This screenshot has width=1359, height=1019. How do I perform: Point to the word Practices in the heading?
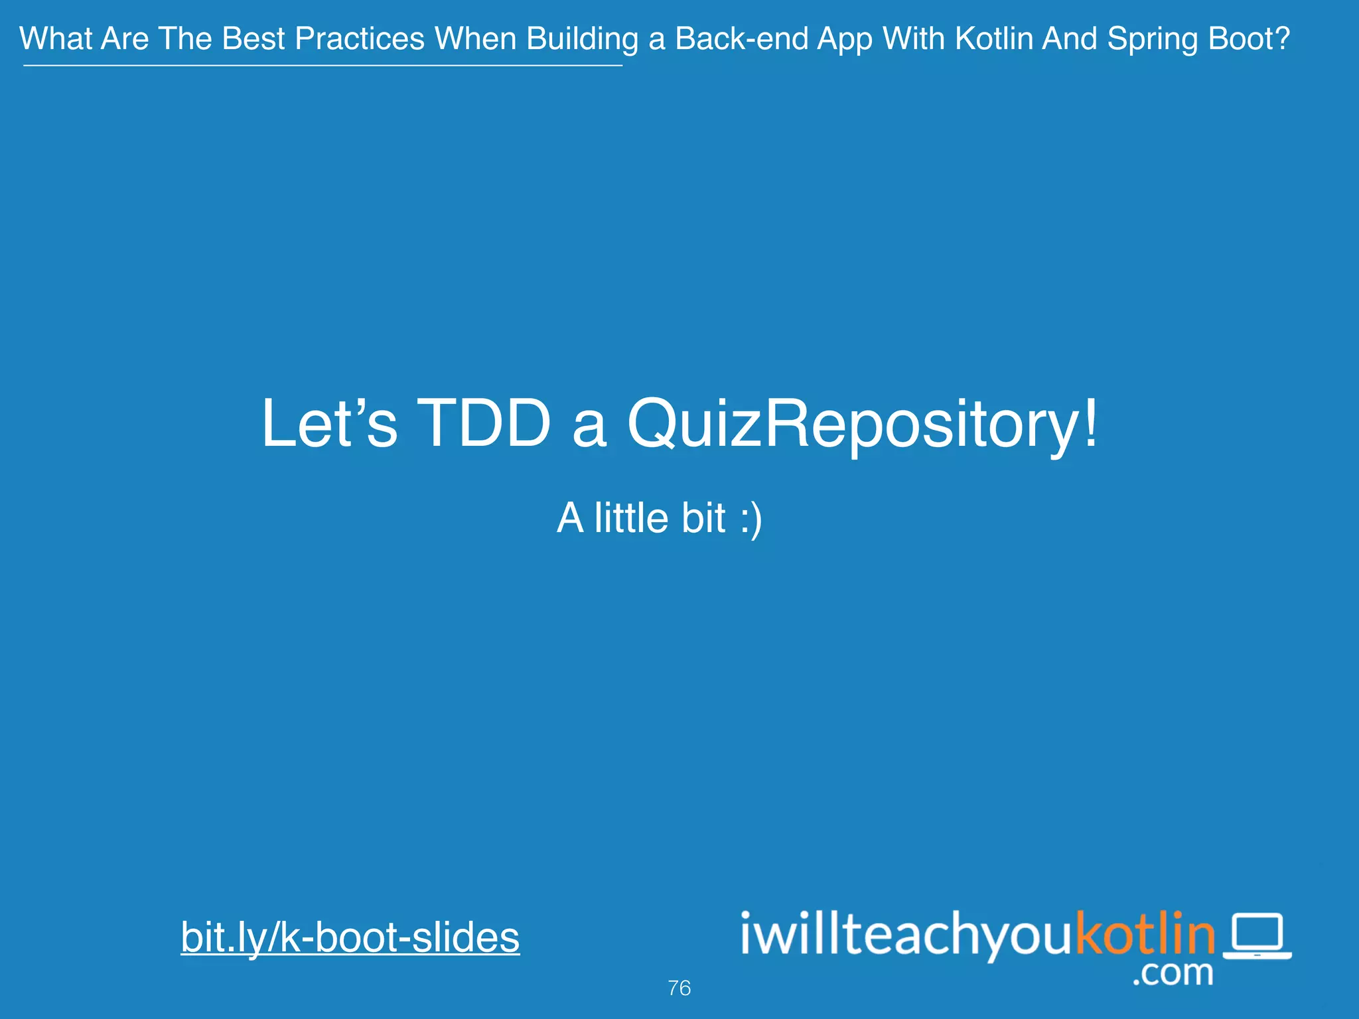359,38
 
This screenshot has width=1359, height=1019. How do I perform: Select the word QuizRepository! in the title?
863,425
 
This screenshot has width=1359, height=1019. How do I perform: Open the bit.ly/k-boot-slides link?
350,937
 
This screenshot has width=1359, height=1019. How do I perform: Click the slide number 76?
679,988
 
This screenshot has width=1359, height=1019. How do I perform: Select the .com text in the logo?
1173,973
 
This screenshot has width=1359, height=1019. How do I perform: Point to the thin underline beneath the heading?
322,66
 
